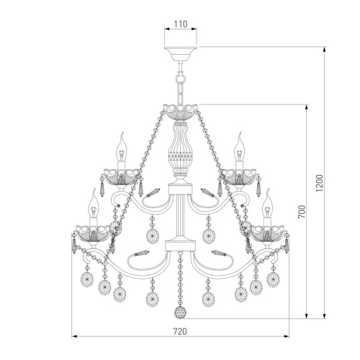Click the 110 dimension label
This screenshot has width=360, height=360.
point(181,24)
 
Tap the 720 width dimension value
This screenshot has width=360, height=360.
point(180,331)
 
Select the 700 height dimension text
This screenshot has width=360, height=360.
point(302,212)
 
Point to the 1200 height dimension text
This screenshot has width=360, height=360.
point(320,184)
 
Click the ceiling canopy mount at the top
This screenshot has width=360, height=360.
point(181,54)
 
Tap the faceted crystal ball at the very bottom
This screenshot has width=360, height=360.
point(180,312)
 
